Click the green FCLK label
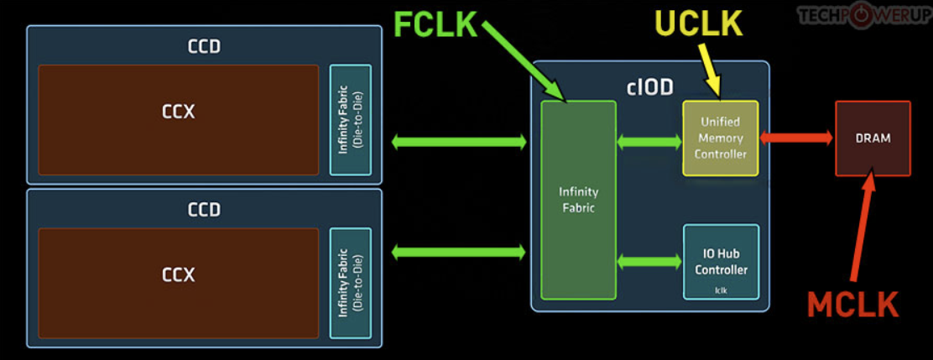[x=434, y=25]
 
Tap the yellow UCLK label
[x=698, y=24]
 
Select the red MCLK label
[x=852, y=305]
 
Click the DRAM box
[x=873, y=138]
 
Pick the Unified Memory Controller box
[x=720, y=138]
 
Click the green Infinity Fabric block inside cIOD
[x=577, y=200]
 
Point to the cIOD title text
[x=650, y=86]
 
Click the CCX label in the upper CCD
[x=178, y=112]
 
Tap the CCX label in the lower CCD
[x=178, y=274]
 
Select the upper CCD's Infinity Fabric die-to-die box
[x=350, y=120]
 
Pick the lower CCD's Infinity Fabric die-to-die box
[x=350, y=283]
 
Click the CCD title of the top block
[x=204, y=46]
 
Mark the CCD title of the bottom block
[x=204, y=209]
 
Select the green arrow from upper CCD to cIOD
[x=459, y=143]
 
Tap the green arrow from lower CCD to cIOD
[x=459, y=251]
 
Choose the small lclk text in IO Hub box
[x=721, y=290]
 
